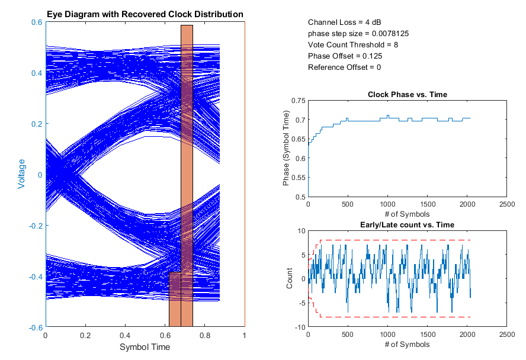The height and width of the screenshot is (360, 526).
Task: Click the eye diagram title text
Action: [x=145, y=14]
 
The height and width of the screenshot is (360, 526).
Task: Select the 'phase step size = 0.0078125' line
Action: [x=358, y=33]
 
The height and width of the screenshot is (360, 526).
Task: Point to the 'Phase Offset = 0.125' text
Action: [x=345, y=56]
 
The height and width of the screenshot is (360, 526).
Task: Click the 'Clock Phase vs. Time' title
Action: [x=408, y=94]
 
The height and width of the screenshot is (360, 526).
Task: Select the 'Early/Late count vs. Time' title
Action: [x=408, y=224]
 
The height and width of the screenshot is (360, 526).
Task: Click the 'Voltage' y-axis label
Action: [x=21, y=174]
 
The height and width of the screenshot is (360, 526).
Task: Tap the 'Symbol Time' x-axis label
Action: [x=145, y=346]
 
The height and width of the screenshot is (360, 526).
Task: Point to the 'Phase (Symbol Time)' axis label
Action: [x=287, y=147]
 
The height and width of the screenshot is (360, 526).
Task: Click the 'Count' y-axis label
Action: [x=290, y=278]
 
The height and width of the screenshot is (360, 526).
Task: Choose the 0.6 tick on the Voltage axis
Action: [x=36, y=22]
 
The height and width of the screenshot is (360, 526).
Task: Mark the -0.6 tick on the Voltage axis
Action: [x=34, y=327]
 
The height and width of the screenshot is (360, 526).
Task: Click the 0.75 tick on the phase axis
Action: [x=298, y=101]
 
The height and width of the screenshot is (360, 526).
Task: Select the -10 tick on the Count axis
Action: [x=299, y=327]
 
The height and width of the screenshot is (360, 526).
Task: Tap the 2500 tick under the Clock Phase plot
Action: [x=507, y=204]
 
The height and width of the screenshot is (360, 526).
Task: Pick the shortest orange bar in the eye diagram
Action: [x=175, y=300]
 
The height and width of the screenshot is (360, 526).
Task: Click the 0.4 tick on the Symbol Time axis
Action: [x=126, y=335]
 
